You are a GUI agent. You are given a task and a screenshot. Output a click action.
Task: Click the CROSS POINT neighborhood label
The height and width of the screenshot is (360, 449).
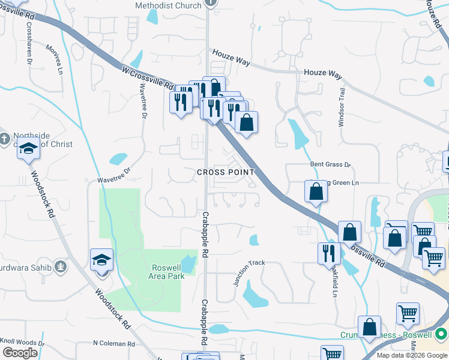[x=226, y=172]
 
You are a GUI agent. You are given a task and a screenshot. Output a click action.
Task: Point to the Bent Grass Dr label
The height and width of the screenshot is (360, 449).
[x=330, y=164]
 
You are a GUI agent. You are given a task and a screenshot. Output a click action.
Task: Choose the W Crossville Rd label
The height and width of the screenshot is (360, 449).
[x=148, y=78]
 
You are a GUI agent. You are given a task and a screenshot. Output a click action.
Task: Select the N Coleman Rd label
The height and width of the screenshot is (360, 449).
[x=113, y=344]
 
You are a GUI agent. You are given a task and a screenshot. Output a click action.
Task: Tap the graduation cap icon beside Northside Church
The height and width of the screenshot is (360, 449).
[x=28, y=148]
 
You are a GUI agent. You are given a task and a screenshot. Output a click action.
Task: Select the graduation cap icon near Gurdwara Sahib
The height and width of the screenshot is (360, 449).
[x=101, y=260]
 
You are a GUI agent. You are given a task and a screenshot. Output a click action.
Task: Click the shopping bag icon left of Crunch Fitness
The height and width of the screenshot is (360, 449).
[x=370, y=327]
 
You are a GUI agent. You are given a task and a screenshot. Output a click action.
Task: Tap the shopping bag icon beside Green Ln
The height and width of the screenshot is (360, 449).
[x=316, y=192]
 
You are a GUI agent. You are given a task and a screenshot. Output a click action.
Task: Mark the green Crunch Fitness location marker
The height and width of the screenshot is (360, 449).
[x=442, y=334]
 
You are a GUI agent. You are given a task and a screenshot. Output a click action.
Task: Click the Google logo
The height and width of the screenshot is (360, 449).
[x=20, y=352]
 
